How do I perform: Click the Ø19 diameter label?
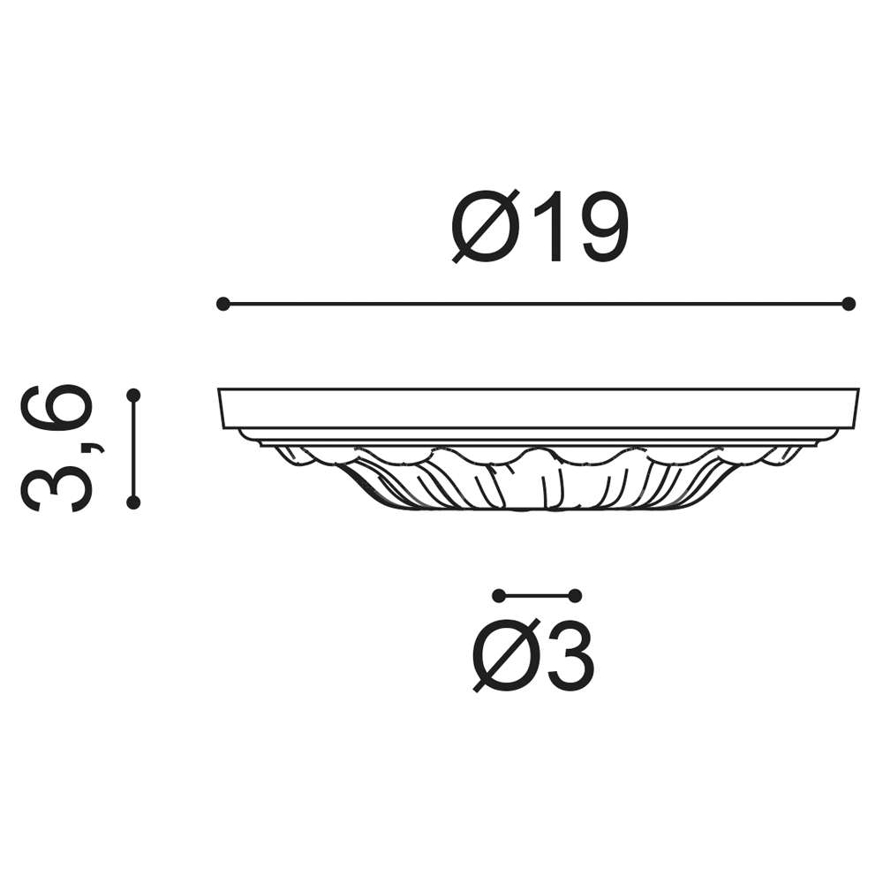(540, 226)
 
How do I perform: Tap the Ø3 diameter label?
(533, 655)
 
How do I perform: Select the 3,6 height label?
(57, 449)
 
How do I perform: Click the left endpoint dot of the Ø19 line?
(223, 304)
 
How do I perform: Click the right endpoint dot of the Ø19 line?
(849, 304)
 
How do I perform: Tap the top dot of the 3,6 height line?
(133, 396)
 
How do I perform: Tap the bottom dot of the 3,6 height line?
(133, 503)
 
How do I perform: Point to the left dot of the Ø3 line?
(498, 596)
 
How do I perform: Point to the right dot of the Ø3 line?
(575, 596)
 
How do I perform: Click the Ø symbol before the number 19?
(486, 226)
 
